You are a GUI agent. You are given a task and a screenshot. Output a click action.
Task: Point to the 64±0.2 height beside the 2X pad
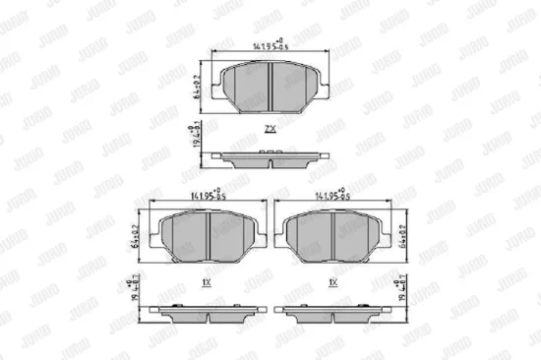(x=200, y=87)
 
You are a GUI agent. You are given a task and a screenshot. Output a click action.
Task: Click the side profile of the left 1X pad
(x=205, y=315)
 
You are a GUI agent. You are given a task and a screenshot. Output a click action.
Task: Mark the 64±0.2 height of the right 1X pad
(x=403, y=237)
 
